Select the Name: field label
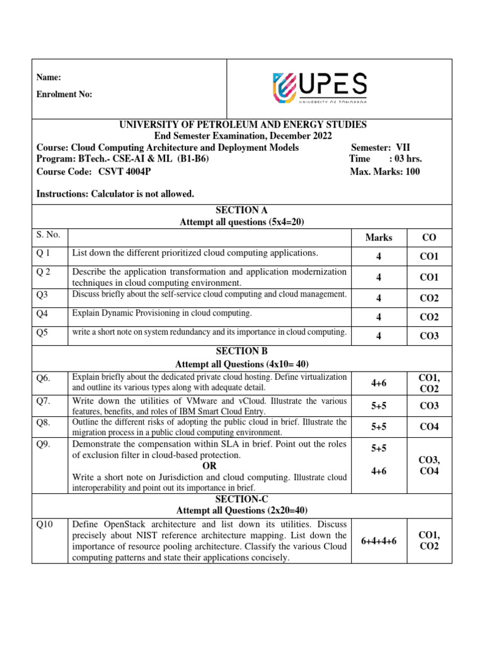tap(49, 77)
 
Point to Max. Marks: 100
tap(384, 171)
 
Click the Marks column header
tap(378, 238)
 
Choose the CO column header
tap(429, 238)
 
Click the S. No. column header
tap(49, 235)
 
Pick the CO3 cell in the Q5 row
tap(429, 336)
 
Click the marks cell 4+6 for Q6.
tap(378, 382)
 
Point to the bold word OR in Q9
tap(209, 466)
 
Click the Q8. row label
tap(43, 421)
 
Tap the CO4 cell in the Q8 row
tap(429, 427)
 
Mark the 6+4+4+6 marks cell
tap(378, 541)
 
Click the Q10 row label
tap(45, 524)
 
